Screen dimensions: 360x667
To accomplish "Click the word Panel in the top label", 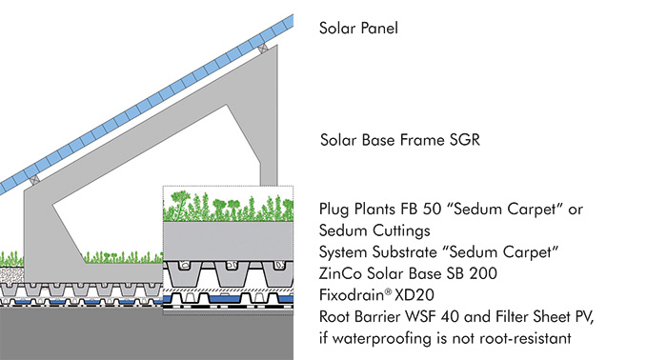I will pyautogui.click(x=376, y=29).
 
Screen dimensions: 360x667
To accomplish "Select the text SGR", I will pyautogui.click(x=461, y=141).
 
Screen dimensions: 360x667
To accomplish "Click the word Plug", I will pyautogui.click(x=334, y=210).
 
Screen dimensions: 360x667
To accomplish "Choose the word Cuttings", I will pyautogui.click(x=393, y=230).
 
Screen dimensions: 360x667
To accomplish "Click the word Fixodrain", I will pyautogui.click(x=352, y=293).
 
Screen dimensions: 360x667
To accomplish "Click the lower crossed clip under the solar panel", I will pyautogui.click(x=35, y=177).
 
